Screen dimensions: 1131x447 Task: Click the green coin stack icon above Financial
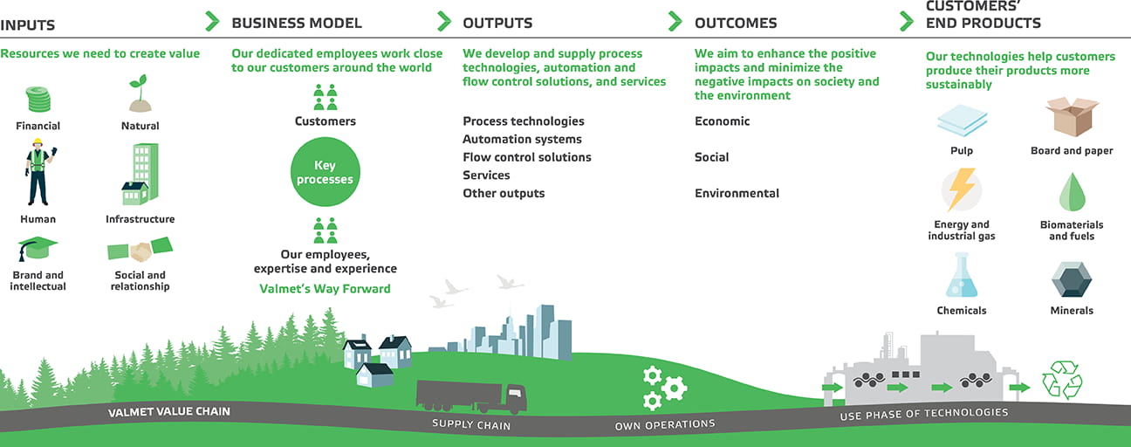(x=38, y=99)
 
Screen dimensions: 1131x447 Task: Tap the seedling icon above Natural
(x=140, y=93)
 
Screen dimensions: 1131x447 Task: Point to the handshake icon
(x=140, y=249)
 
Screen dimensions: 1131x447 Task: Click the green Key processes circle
(x=326, y=172)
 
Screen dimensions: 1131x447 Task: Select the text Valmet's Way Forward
(x=326, y=289)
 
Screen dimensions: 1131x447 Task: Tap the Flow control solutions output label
(x=526, y=157)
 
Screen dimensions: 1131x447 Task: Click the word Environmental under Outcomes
(x=737, y=193)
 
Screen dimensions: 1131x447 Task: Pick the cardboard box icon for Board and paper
(x=1072, y=117)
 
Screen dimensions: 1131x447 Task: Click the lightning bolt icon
(x=962, y=189)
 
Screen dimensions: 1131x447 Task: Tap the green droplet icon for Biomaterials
(x=1072, y=192)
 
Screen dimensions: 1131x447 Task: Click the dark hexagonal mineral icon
(x=1072, y=279)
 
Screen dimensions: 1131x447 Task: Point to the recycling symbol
(x=1062, y=380)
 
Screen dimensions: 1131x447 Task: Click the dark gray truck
(x=471, y=396)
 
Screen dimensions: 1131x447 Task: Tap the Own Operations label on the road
(x=664, y=425)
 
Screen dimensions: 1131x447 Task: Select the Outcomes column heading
(x=736, y=23)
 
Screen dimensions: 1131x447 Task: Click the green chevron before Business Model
(x=213, y=21)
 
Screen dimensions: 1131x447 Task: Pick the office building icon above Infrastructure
(x=140, y=174)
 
